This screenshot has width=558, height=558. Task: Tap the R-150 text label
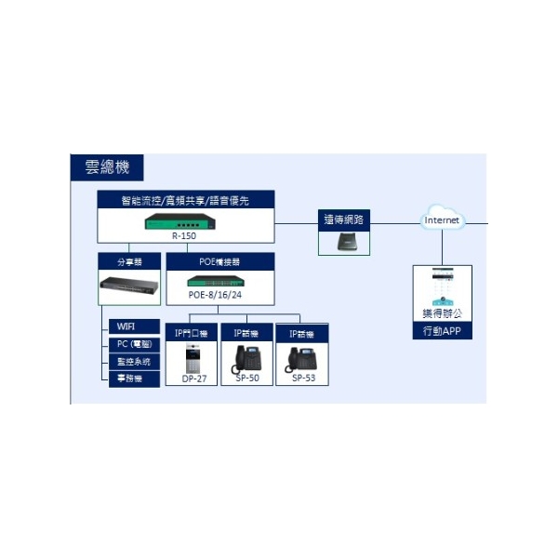184,236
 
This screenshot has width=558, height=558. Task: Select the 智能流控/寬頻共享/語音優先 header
184,200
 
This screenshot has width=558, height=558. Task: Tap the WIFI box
126,326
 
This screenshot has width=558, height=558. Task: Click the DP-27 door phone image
193,356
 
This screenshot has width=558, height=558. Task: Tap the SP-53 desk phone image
303,358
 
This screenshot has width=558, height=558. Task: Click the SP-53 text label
303,379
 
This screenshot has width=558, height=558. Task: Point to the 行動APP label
442,331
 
